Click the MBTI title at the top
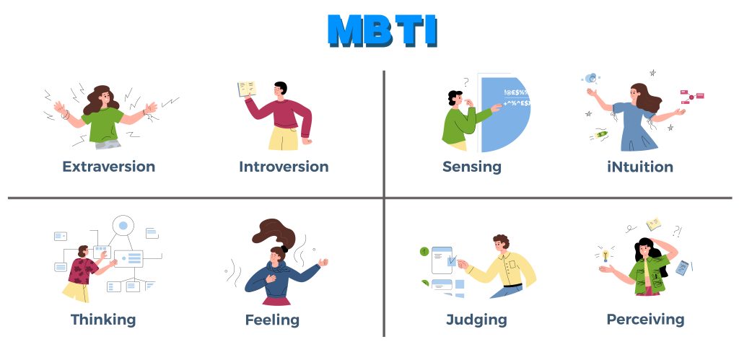point(382,30)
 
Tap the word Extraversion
point(108,167)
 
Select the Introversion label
point(284,167)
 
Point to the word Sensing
point(471,167)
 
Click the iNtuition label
point(640,167)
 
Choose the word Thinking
point(103,319)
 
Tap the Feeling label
point(272,319)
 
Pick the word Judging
point(476,319)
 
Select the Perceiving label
point(645,319)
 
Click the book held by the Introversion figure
point(247,89)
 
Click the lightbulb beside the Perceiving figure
point(605,254)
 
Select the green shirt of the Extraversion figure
point(103,123)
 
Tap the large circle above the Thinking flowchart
point(123,226)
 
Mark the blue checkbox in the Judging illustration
point(451,260)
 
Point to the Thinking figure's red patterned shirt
point(82,271)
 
